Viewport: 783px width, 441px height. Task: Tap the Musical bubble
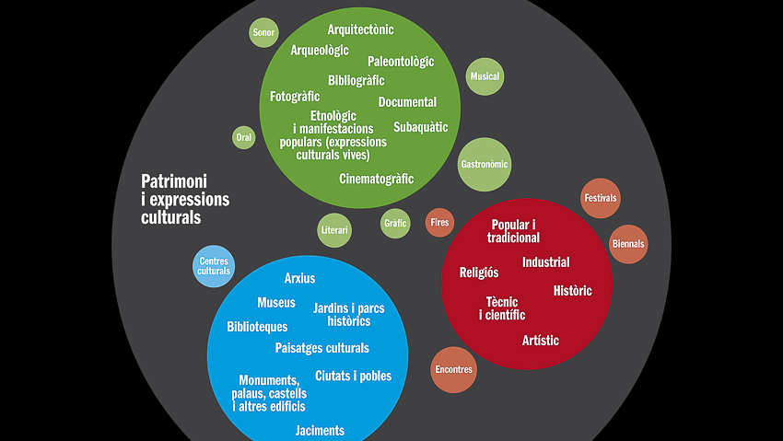[x=485, y=76]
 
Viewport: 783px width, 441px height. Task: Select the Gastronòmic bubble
[x=484, y=164]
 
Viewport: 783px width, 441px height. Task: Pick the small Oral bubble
[x=244, y=138]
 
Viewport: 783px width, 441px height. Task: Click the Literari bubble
[x=334, y=229]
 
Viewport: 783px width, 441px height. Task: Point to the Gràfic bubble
[x=394, y=222]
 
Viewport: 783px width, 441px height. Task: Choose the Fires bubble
[x=439, y=222]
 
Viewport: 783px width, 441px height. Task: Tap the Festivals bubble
[x=600, y=198]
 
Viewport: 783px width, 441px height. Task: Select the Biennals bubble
[x=628, y=244]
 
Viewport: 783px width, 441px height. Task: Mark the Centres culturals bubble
[x=214, y=266]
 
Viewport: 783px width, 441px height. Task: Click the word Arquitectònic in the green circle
[x=360, y=29]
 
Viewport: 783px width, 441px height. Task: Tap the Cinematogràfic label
[x=376, y=179]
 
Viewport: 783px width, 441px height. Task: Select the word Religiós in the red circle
[x=479, y=272]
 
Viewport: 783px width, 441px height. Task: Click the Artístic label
[x=540, y=341]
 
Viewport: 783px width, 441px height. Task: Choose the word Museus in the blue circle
[x=276, y=302]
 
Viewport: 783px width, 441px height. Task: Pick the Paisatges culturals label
[x=321, y=348]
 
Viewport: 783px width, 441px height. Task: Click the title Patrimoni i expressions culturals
[x=185, y=199]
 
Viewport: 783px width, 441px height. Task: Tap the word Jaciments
[x=320, y=430]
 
